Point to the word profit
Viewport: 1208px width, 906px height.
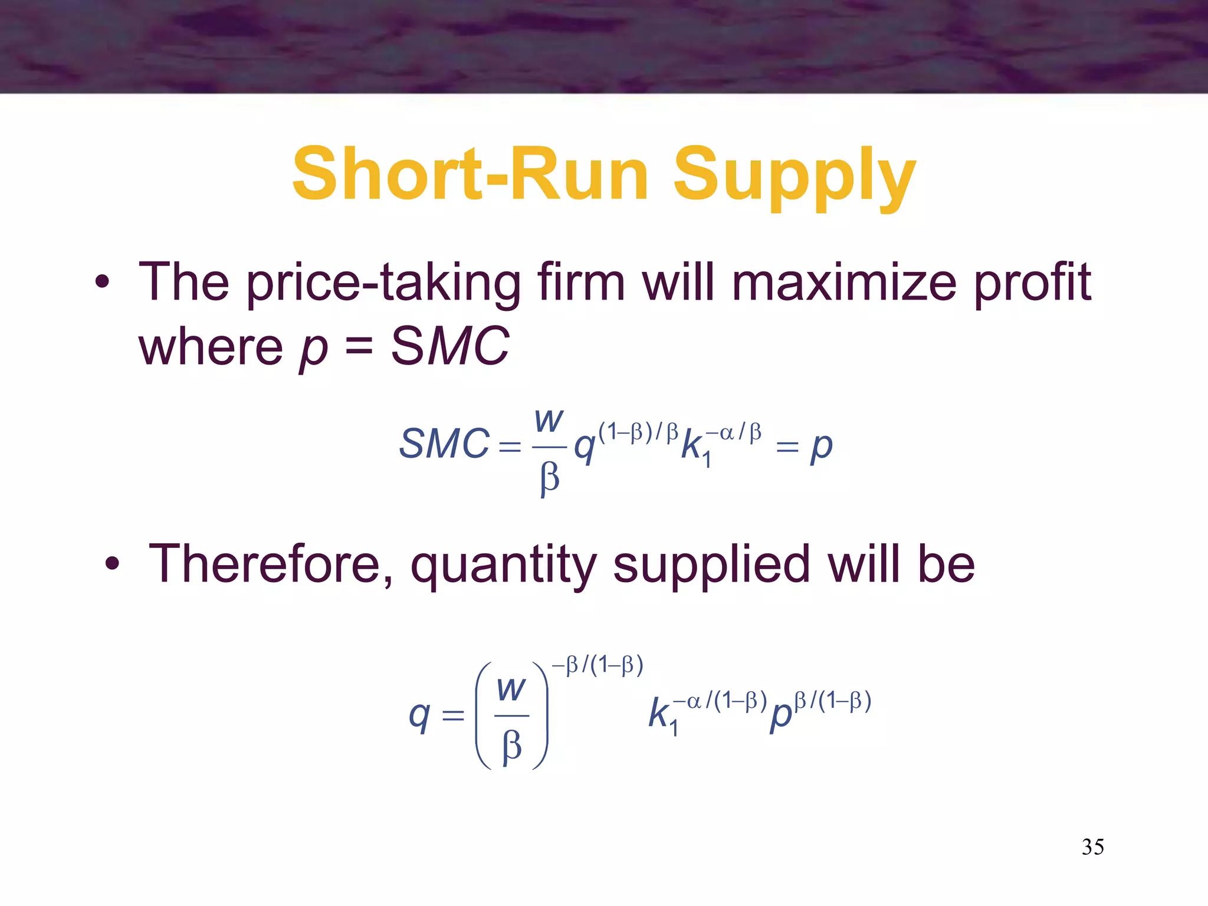pos(1032,283)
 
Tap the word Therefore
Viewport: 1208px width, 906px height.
pos(271,564)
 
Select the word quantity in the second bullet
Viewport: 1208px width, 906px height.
pos(504,566)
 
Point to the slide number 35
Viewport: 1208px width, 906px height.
pos(1092,847)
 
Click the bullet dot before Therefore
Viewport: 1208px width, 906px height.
pos(112,564)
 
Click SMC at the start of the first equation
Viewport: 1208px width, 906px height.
pos(444,444)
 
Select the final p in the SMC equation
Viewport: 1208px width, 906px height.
pos(821,447)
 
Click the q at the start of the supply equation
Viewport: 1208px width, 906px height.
pos(419,716)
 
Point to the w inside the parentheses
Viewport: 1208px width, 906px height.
pos(511,689)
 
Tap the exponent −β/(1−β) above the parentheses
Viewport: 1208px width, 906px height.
pos(598,665)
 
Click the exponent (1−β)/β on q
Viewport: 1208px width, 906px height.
pos(638,432)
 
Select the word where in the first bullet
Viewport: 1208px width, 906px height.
pos(211,347)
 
